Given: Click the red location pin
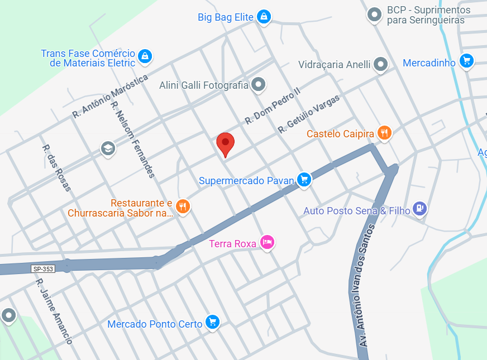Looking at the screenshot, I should [226, 144].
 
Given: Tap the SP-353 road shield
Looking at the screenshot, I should [43, 269].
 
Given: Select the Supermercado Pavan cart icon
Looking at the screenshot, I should [303, 179].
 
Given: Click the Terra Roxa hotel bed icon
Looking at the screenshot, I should [268, 242].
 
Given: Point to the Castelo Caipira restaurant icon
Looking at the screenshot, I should [384, 133].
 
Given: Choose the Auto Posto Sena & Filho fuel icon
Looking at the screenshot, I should [419, 208].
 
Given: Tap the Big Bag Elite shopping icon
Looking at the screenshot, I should [264, 17].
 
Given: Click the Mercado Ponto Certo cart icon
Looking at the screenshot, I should [212, 321].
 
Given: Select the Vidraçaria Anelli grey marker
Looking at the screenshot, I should [381, 64].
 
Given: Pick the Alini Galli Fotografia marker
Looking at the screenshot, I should [258, 85].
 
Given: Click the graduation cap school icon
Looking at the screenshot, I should [108, 148].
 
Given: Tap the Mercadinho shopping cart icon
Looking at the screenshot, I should [467, 61].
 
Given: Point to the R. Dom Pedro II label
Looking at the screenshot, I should [273, 105].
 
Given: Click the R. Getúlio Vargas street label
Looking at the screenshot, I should [309, 114].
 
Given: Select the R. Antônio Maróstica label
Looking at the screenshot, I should [110, 97].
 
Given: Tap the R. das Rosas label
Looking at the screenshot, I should [57, 168].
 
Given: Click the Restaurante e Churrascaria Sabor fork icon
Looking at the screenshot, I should [183, 207].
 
